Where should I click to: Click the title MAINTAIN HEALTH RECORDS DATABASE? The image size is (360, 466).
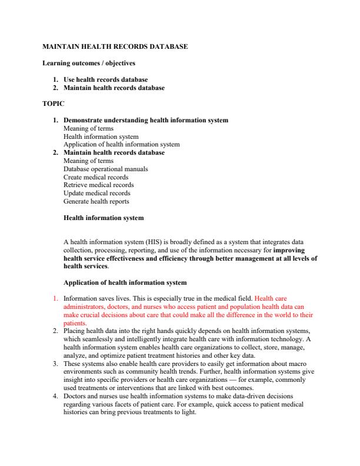pyautogui.click(x=116, y=46)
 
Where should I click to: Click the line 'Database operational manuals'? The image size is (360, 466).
pyautogui.click(x=105, y=169)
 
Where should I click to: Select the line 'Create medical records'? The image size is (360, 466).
pyautogui.click(x=95, y=177)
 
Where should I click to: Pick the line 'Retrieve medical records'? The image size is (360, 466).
pyautogui.click(x=98, y=185)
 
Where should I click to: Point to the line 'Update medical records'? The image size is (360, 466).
pyautogui.click(x=96, y=193)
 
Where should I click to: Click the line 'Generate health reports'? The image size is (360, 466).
pyautogui.click(x=96, y=201)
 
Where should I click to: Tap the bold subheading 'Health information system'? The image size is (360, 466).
pyautogui.click(x=103, y=218)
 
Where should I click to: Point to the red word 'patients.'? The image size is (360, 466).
pyautogui.click(x=75, y=323)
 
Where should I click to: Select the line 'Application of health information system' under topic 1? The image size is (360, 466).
pyautogui.click(x=121, y=144)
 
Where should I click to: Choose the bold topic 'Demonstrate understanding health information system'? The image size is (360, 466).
pyautogui.click(x=145, y=120)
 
